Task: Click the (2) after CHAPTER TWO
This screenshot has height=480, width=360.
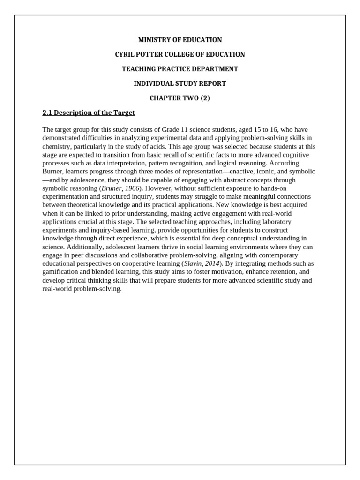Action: (x=204, y=98)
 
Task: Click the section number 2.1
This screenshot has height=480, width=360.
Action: (x=47, y=113)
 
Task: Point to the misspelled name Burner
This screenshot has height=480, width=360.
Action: (x=53, y=172)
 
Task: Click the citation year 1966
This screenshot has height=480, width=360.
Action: (x=131, y=188)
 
